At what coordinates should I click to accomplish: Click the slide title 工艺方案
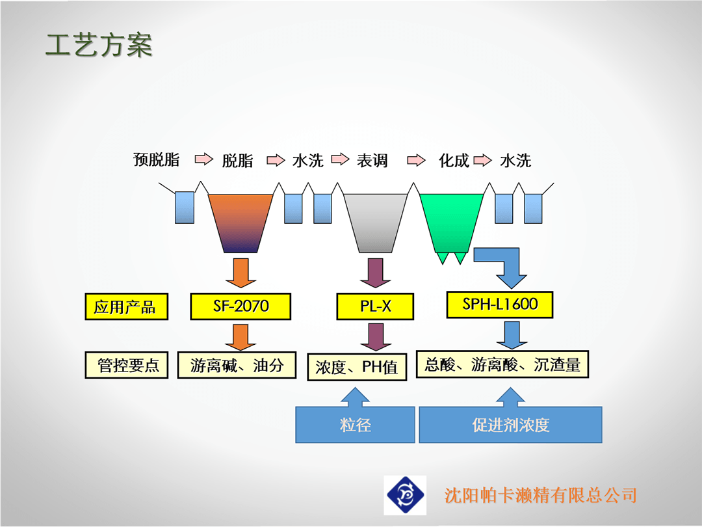(99, 46)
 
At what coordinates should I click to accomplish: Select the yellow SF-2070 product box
(240, 306)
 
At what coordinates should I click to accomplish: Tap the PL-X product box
(375, 306)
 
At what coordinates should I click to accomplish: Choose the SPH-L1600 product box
(500, 304)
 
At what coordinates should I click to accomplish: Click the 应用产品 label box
(126, 306)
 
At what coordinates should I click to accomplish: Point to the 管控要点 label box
(126, 365)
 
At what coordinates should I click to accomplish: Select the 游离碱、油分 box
(237, 365)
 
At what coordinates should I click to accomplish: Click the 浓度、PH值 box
(357, 367)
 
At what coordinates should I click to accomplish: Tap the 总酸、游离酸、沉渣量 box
(502, 364)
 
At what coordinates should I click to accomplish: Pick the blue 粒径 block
(355, 424)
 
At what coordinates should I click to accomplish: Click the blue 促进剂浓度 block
(510, 424)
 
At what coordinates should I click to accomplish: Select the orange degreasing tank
(240, 223)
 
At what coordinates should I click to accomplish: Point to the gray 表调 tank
(375, 223)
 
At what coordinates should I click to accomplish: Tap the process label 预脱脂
(156, 159)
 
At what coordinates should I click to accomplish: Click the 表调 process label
(372, 161)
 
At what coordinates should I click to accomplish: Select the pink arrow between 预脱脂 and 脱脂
(204, 159)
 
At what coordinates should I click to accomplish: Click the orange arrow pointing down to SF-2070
(241, 273)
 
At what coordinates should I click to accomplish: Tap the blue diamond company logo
(405, 495)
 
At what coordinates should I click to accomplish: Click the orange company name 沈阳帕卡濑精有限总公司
(540, 495)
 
